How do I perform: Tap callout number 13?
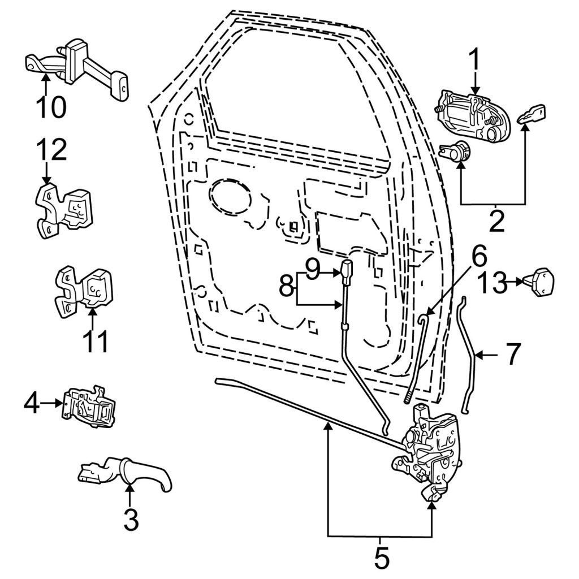493,284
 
